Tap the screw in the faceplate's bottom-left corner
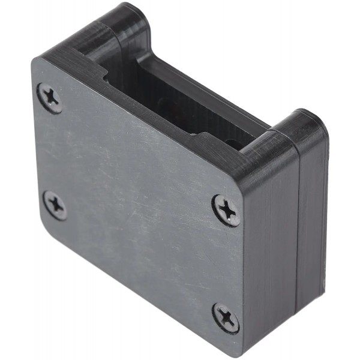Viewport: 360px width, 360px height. click(55, 206)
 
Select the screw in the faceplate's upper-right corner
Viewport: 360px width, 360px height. click(227, 210)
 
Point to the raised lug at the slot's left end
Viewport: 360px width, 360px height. click(123, 27)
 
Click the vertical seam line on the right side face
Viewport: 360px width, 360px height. click(298, 240)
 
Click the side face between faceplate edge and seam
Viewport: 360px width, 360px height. click(270, 252)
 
